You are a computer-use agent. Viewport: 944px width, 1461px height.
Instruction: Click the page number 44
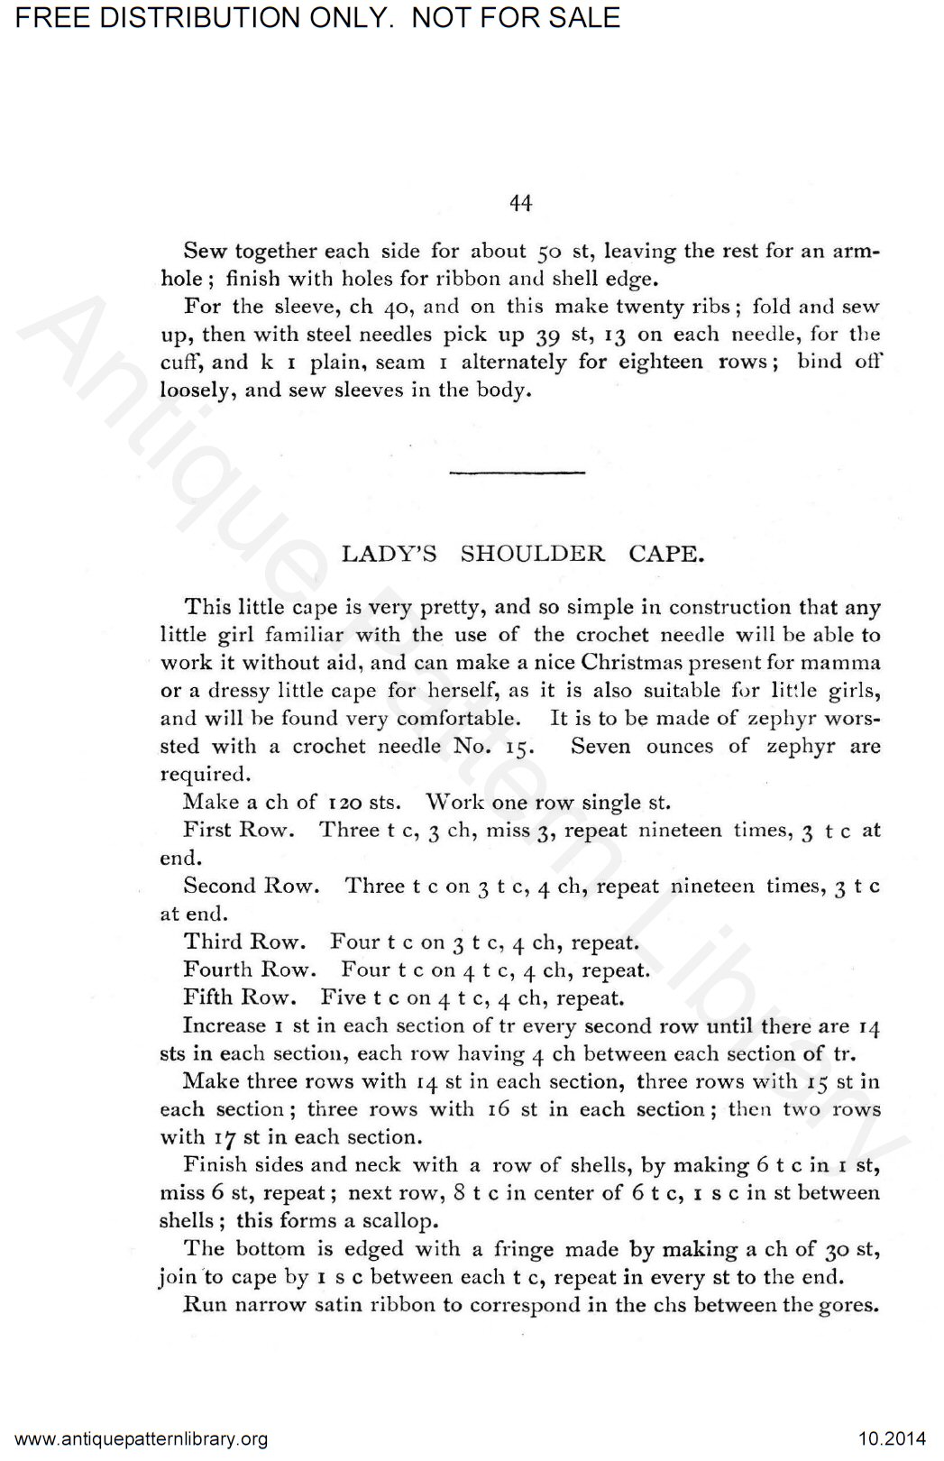(521, 204)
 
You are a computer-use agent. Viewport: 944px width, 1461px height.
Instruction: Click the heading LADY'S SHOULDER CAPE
(522, 554)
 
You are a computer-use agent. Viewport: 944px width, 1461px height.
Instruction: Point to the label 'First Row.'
(239, 830)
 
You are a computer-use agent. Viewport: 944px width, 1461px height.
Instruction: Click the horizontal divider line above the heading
(517, 472)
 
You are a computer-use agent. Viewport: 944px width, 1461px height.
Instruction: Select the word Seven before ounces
(600, 746)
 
